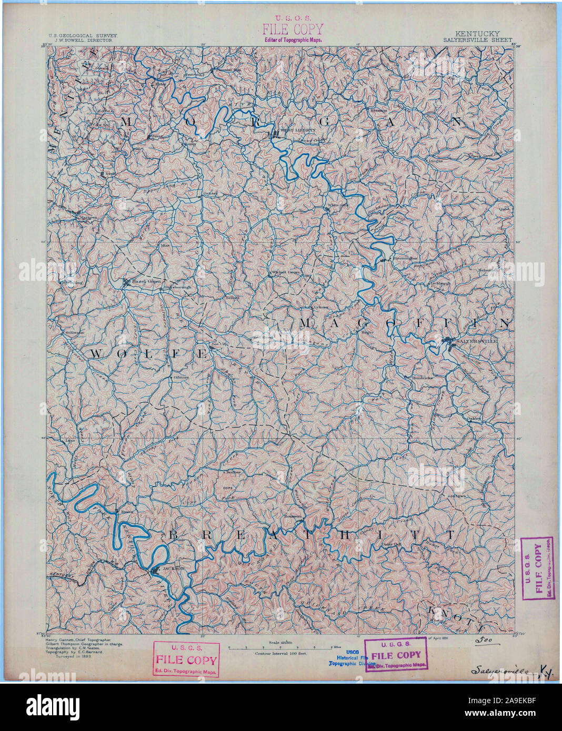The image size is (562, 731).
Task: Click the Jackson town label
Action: (173, 568)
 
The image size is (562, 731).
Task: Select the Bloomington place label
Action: (404, 258)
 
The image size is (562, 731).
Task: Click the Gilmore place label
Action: (180, 377)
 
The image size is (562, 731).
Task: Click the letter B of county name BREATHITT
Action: (175, 536)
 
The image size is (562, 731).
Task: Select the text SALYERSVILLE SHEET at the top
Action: (471, 39)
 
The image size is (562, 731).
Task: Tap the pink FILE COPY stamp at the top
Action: (293, 29)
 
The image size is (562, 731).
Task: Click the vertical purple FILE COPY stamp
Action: (536, 568)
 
